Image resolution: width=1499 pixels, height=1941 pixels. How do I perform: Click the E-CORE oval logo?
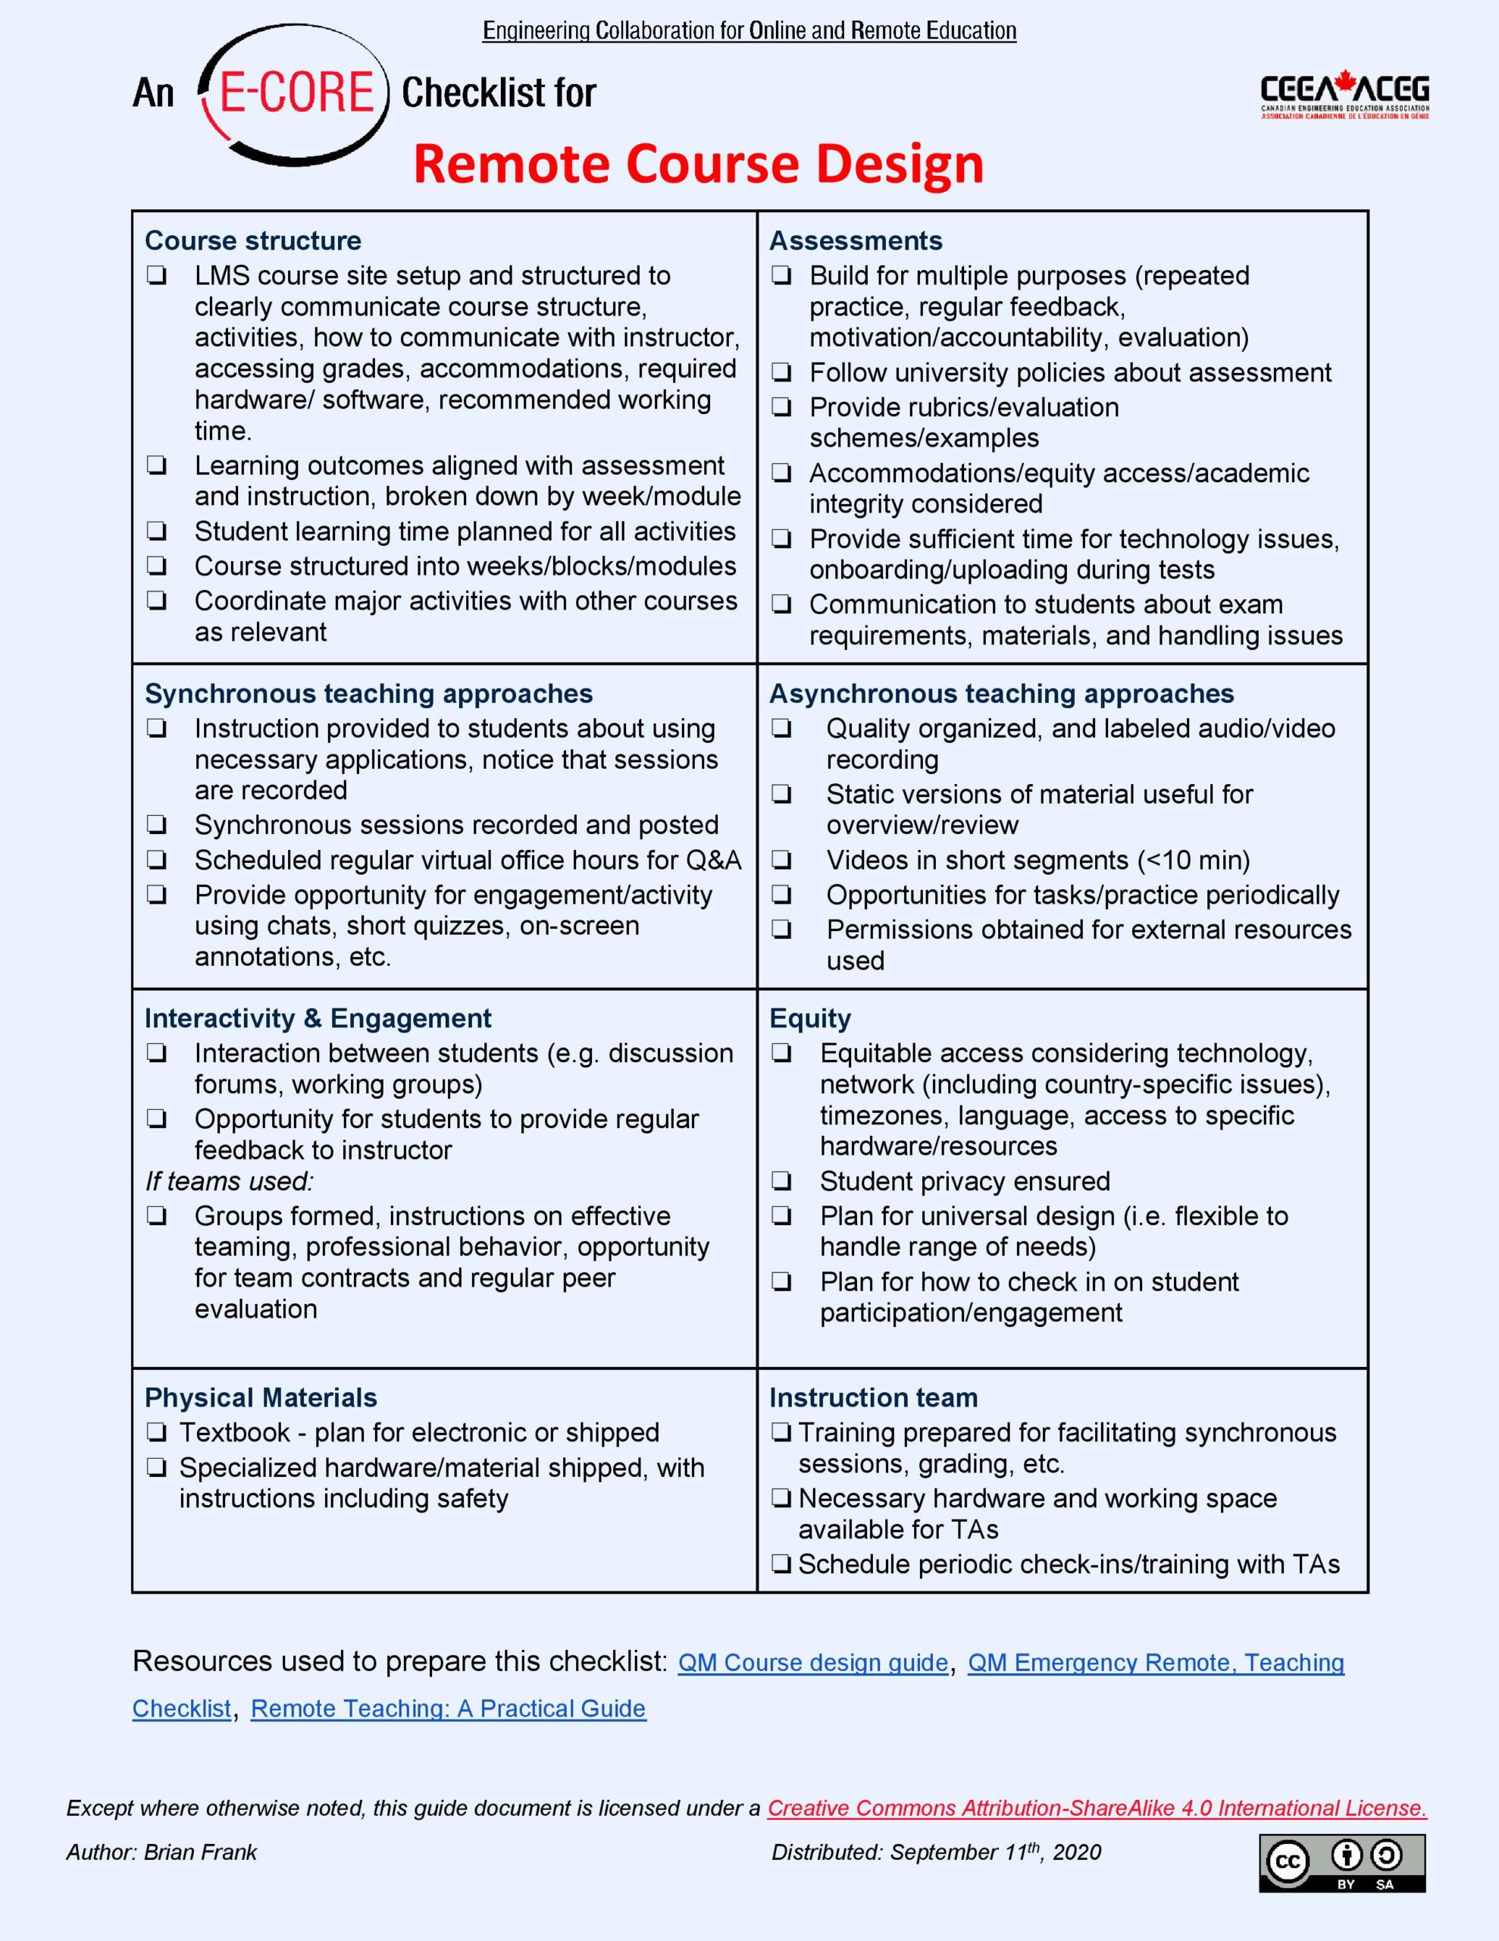[294, 94]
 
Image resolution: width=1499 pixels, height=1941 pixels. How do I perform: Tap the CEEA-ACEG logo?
[1344, 96]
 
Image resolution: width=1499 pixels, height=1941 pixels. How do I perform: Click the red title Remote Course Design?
[699, 165]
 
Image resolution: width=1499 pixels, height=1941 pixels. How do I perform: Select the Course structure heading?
[253, 241]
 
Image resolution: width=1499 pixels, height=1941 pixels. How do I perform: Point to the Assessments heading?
[856, 241]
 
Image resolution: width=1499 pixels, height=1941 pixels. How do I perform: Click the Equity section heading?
[809, 1018]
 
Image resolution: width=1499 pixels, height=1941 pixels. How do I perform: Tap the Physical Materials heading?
[261, 1397]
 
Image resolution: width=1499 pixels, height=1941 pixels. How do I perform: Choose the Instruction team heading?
[874, 1397]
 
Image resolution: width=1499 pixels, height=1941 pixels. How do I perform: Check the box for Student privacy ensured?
[781, 1181]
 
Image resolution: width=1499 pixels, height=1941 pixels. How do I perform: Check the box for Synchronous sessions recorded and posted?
[158, 825]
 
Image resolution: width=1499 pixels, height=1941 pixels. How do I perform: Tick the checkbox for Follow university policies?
[781, 372]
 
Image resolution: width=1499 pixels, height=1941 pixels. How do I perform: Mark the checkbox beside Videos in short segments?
[781, 861]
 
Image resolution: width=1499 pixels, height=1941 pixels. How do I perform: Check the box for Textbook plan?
[158, 1433]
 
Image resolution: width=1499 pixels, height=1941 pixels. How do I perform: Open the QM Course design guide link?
[813, 1663]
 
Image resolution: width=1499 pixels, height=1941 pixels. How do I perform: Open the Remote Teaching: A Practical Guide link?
[448, 1708]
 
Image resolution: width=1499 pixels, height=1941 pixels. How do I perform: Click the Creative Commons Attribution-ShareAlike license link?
[1097, 1808]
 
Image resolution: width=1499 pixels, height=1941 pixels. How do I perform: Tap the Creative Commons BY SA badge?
[1341, 1863]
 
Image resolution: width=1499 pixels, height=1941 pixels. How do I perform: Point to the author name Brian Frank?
[200, 1852]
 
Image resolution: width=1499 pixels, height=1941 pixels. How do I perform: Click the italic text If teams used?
[230, 1181]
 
